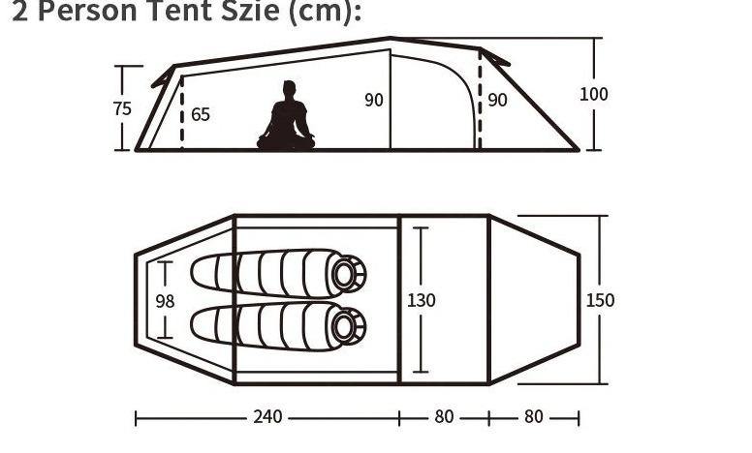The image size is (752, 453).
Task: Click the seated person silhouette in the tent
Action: (x=286, y=120)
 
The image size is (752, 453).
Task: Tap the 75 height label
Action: (x=121, y=108)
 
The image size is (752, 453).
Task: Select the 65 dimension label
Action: (x=200, y=114)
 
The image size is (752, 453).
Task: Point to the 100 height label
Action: (x=594, y=94)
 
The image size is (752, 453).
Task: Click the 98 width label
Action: (x=166, y=301)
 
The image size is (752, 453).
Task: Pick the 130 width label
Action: (x=422, y=300)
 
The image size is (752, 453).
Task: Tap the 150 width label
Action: (x=600, y=300)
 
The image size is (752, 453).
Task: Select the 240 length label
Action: (x=268, y=417)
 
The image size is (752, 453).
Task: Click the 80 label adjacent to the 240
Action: (x=444, y=417)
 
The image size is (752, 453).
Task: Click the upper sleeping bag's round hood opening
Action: (x=344, y=274)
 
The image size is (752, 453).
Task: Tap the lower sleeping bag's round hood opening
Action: (x=344, y=327)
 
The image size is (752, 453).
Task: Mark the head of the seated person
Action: (x=287, y=90)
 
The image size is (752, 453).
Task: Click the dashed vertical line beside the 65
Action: (x=182, y=114)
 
